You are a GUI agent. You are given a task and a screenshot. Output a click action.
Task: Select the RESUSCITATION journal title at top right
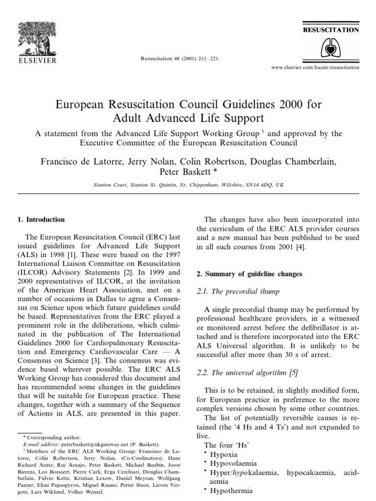tap(332, 30)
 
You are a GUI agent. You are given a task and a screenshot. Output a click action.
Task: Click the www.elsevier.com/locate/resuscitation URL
tap(315, 67)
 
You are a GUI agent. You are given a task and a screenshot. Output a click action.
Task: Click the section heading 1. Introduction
tap(42, 220)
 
